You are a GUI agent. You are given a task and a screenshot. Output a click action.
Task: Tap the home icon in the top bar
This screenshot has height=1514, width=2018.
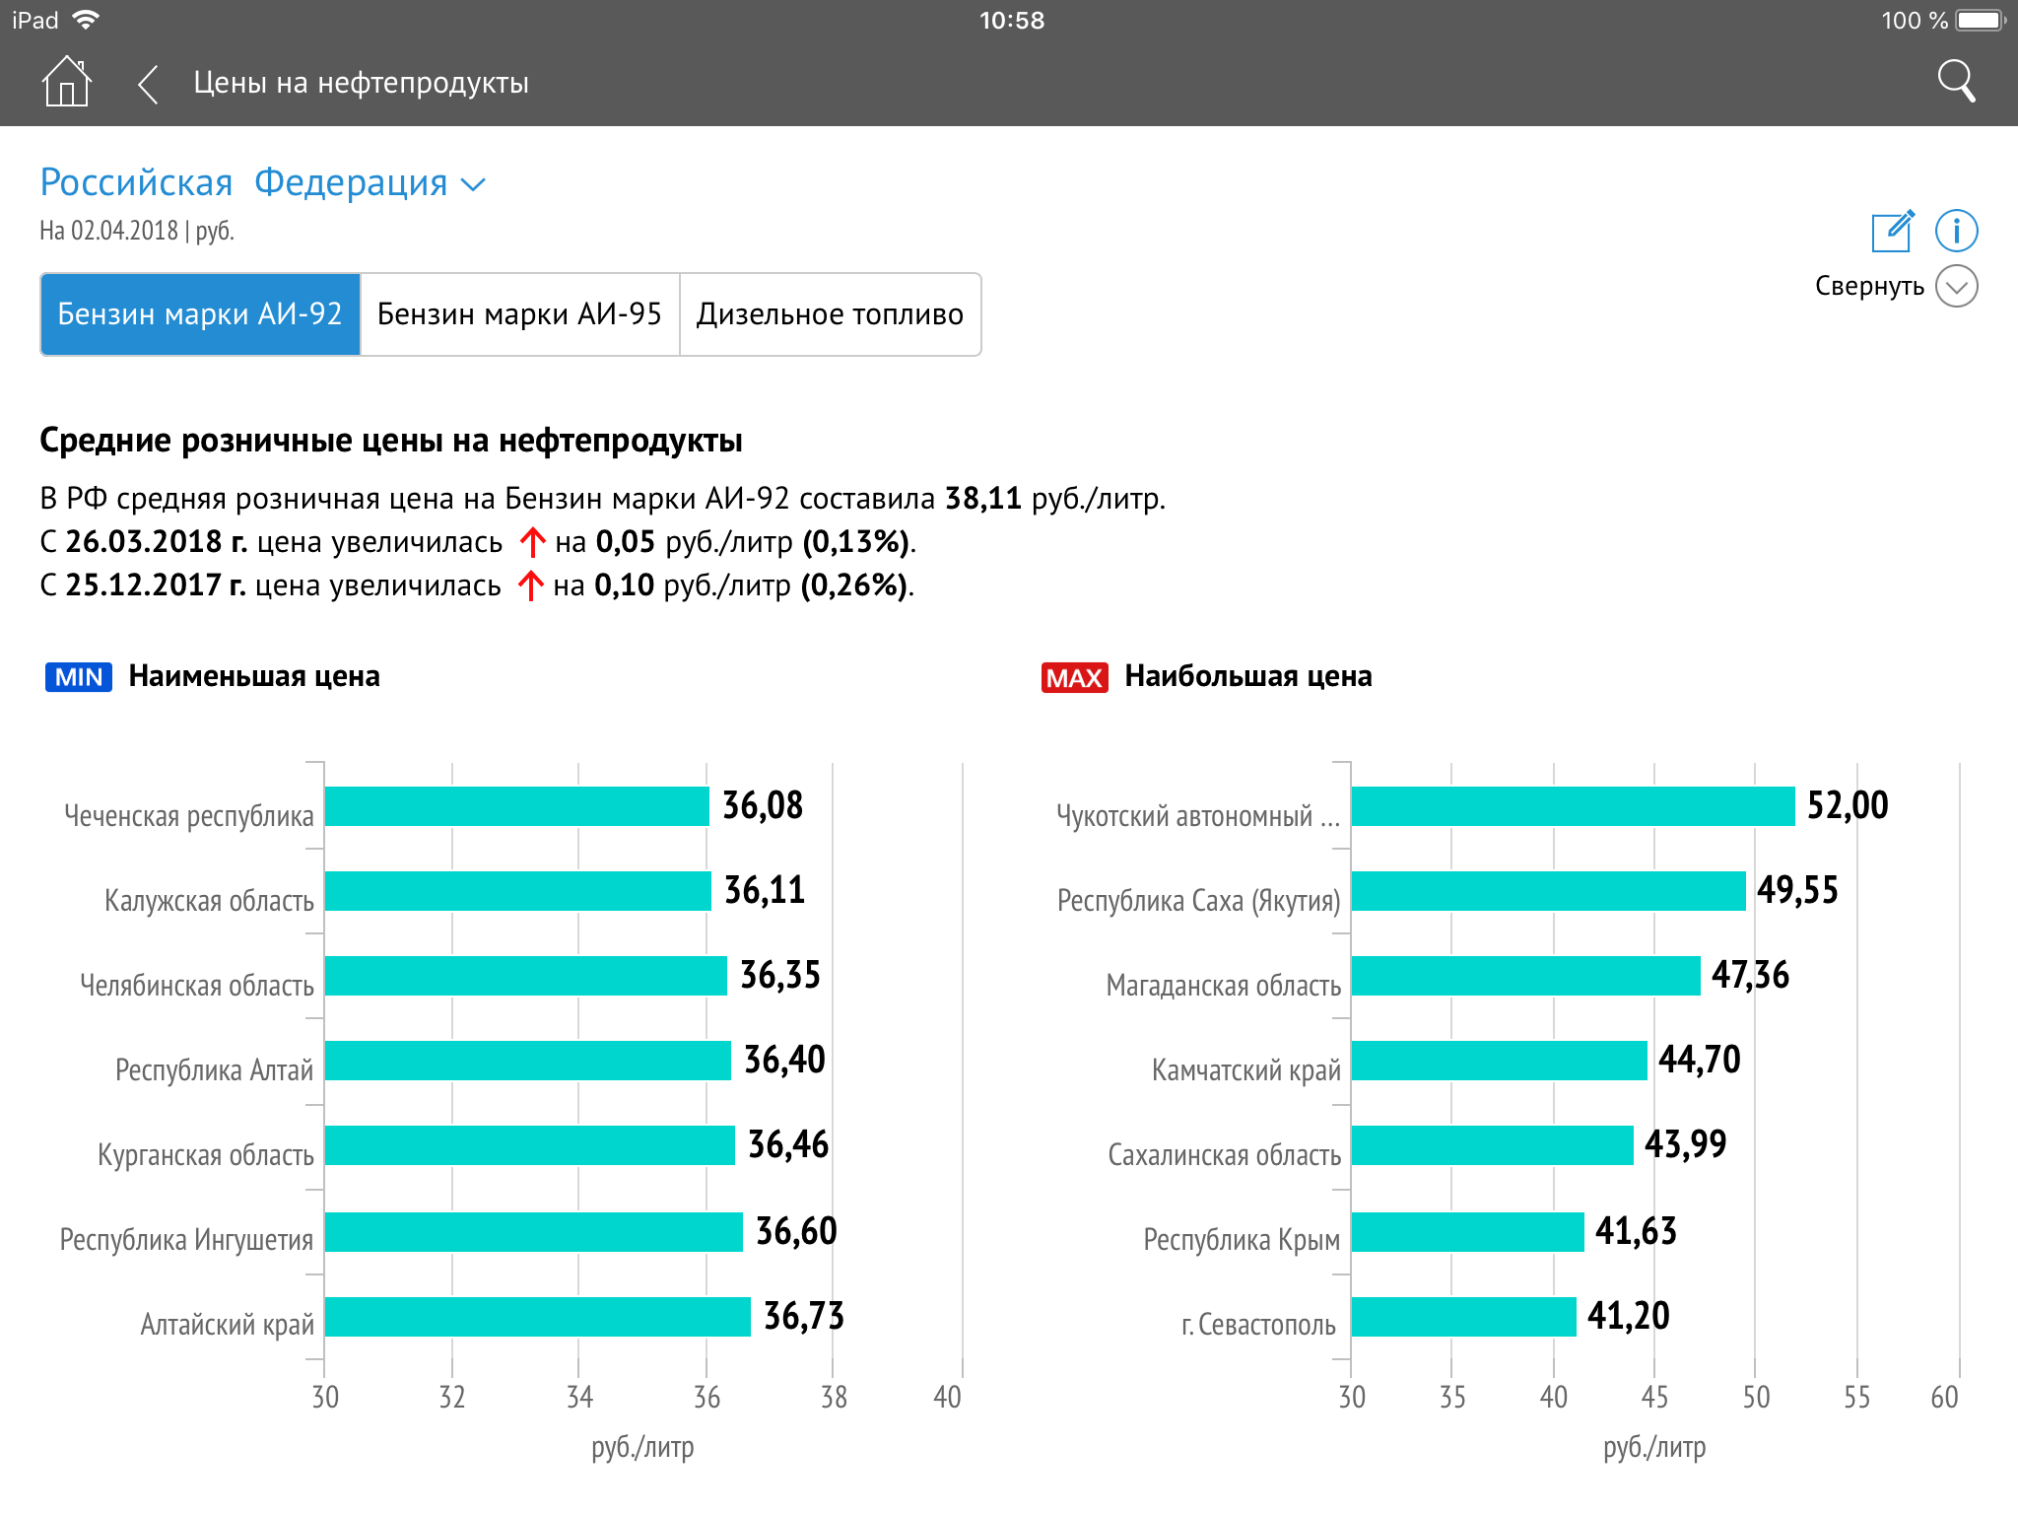pos(67,82)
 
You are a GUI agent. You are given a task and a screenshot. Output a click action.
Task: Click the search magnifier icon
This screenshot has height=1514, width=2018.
pos(1956,82)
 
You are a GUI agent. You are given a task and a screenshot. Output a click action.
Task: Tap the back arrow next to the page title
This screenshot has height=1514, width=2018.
pos(148,84)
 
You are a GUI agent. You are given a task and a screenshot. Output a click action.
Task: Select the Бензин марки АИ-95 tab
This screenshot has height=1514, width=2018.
pos(519,314)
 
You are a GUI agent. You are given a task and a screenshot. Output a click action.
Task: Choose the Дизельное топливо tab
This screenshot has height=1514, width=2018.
pos(830,314)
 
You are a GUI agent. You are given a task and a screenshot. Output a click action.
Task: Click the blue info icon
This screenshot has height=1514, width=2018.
pos(1956,232)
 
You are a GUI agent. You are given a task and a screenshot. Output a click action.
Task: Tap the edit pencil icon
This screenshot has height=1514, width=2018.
pos(1892,232)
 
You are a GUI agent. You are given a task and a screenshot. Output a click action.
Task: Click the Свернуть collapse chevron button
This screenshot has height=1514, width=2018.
pos(1956,287)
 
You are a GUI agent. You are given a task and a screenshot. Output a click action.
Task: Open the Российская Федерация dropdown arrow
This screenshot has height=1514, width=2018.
pos(474,184)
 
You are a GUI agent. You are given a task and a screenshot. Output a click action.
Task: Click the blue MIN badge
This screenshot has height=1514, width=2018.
pos(79,677)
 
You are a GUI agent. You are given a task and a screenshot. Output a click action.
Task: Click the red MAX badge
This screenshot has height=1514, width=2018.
pos(1074,677)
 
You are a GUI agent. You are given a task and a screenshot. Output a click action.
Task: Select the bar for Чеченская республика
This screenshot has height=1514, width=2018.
pos(516,806)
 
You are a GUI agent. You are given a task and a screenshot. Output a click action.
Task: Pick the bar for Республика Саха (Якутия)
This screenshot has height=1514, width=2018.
pos(1548,891)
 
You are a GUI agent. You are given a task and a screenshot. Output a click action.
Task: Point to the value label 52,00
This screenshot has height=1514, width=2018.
pos(1848,805)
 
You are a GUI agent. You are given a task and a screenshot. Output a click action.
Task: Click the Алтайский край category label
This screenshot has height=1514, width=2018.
pos(227,1324)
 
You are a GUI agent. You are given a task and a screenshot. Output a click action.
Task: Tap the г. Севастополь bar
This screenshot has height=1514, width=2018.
pos(1463,1317)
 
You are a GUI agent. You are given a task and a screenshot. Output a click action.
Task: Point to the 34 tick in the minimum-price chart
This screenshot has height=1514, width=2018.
pos(579,1397)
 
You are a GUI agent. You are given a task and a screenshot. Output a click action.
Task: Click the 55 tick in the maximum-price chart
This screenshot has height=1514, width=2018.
pos(1856,1397)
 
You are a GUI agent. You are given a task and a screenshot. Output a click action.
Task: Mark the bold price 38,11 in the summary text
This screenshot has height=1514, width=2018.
pos(982,498)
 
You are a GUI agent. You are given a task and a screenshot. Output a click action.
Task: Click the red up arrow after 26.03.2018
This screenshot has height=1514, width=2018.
pos(532,542)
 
